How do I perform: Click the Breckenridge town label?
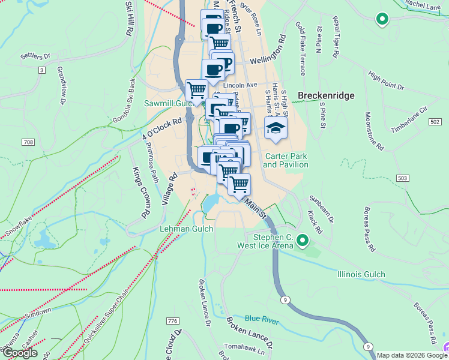(326, 95)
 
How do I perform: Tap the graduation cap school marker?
(276, 128)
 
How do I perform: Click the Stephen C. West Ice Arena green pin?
(303, 242)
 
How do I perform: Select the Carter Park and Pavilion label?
(286, 160)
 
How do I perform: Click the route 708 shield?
(29, 142)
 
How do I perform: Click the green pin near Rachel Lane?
(381, 20)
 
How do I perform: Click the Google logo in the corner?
(20, 353)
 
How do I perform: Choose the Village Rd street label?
(169, 188)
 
